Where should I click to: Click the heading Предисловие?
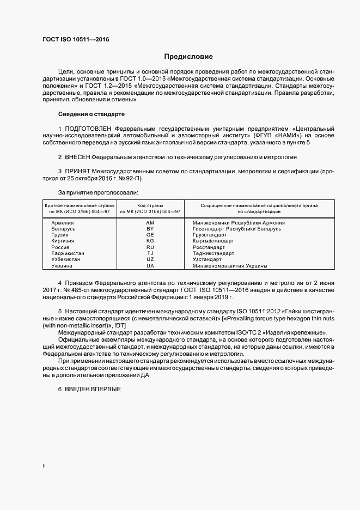pyautogui.click(x=189, y=57)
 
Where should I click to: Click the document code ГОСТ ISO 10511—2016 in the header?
pyautogui.click(x=75, y=40)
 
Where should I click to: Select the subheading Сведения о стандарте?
pyautogui.click(x=91, y=114)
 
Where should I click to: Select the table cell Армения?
pyautogui.click(x=63, y=223)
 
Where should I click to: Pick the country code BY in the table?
pyautogui.click(x=150, y=229)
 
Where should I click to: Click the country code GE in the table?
pyautogui.click(x=150, y=235)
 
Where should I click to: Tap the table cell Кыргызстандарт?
pyautogui.click(x=214, y=241)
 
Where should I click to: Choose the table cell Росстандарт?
pyautogui.click(x=208, y=247)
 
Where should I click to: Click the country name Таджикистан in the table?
pyautogui.click(x=68, y=253)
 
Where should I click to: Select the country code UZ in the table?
pyautogui.click(x=150, y=259)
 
